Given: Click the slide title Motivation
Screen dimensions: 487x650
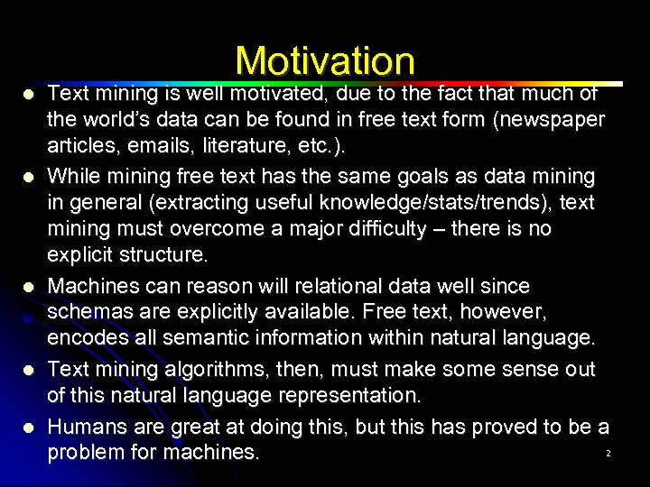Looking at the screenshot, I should tap(325, 60).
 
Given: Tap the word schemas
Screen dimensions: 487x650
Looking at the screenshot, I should tap(88, 313).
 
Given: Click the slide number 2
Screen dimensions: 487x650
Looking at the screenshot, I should tap(608, 453).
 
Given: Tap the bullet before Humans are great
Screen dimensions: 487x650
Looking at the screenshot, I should tap(29, 427).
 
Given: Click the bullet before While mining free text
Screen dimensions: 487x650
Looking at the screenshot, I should tap(29, 176).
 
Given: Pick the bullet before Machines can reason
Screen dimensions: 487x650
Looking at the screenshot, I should tap(29, 287).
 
